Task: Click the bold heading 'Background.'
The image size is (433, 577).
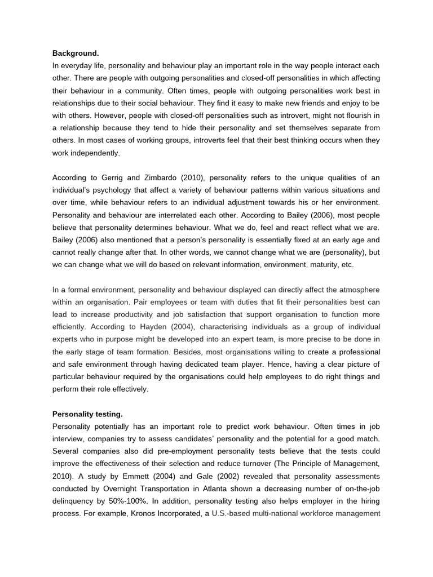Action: [x=76, y=54]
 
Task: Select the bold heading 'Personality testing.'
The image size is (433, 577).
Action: [x=87, y=414]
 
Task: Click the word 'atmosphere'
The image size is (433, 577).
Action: [x=355, y=290]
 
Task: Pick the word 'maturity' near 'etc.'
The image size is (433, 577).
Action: [x=322, y=264]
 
